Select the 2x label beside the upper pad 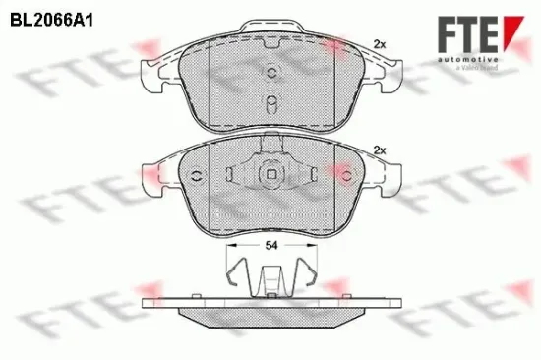click(x=380, y=42)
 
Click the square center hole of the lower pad click(x=268, y=175)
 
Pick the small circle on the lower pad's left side click(x=196, y=177)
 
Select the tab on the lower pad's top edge click(x=268, y=144)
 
